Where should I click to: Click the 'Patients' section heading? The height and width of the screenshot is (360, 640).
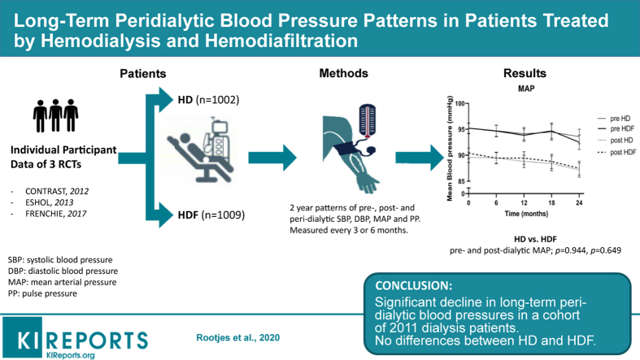coord(143,74)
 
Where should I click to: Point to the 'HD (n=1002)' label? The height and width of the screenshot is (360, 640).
coord(207,100)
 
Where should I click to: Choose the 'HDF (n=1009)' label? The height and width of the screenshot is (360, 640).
coord(211,215)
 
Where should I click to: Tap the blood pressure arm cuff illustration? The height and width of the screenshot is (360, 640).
coord(347,139)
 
